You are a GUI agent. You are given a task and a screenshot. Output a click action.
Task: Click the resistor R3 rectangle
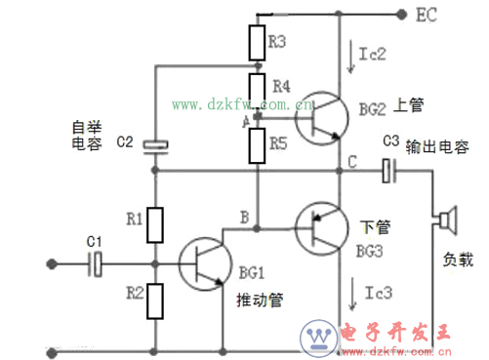pos(256,44)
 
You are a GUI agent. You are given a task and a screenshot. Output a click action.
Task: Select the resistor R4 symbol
pos(256,87)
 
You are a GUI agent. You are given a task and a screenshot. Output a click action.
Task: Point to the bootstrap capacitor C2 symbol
pos(155,145)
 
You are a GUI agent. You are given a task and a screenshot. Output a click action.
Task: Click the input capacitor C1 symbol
pos(96,261)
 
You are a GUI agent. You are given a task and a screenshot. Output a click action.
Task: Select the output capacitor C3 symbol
pos(389,171)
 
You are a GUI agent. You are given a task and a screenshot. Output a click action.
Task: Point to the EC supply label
pos(428,15)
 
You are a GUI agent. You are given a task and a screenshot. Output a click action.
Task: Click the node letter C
pos(351,159)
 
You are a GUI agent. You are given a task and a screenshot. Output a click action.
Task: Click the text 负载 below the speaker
pos(457,261)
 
